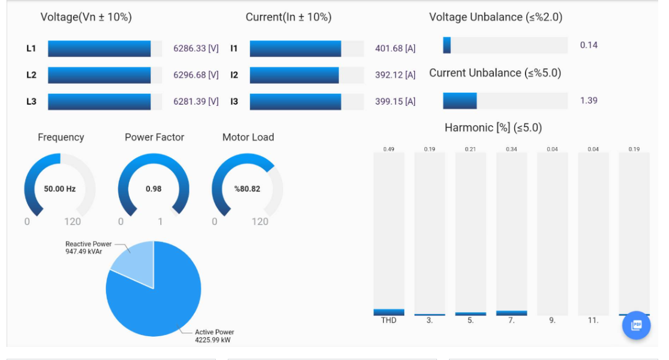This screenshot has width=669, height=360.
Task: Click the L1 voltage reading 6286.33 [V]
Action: [x=195, y=48]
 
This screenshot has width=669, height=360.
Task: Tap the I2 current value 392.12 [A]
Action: [x=395, y=75]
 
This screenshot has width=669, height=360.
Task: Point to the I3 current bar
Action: [x=295, y=102]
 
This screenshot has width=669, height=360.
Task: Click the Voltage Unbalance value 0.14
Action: [x=588, y=45]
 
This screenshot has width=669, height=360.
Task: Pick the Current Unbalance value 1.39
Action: [x=588, y=100]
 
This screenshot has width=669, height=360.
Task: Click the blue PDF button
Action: [x=637, y=325]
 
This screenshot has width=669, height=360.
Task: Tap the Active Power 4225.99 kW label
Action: [x=214, y=336]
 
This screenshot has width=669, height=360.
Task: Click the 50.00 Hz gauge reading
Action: [x=60, y=189]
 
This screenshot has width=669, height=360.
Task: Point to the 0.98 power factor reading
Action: [x=154, y=189]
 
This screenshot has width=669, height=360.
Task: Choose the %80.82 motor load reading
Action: [x=248, y=189]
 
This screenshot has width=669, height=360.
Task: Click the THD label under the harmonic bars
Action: [x=389, y=321]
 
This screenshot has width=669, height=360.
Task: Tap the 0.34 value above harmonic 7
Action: [x=511, y=149]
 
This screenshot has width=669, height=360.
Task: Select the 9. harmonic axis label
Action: [x=552, y=321]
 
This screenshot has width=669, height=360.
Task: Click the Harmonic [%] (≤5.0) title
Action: [x=493, y=128]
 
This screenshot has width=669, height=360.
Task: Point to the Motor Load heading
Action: [x=248, y=138]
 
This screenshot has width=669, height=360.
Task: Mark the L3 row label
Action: [x=31, y=102]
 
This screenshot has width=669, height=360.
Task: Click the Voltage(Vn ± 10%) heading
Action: [x=86, y=17]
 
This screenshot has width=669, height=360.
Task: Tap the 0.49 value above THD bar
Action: [x=389, y=149]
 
